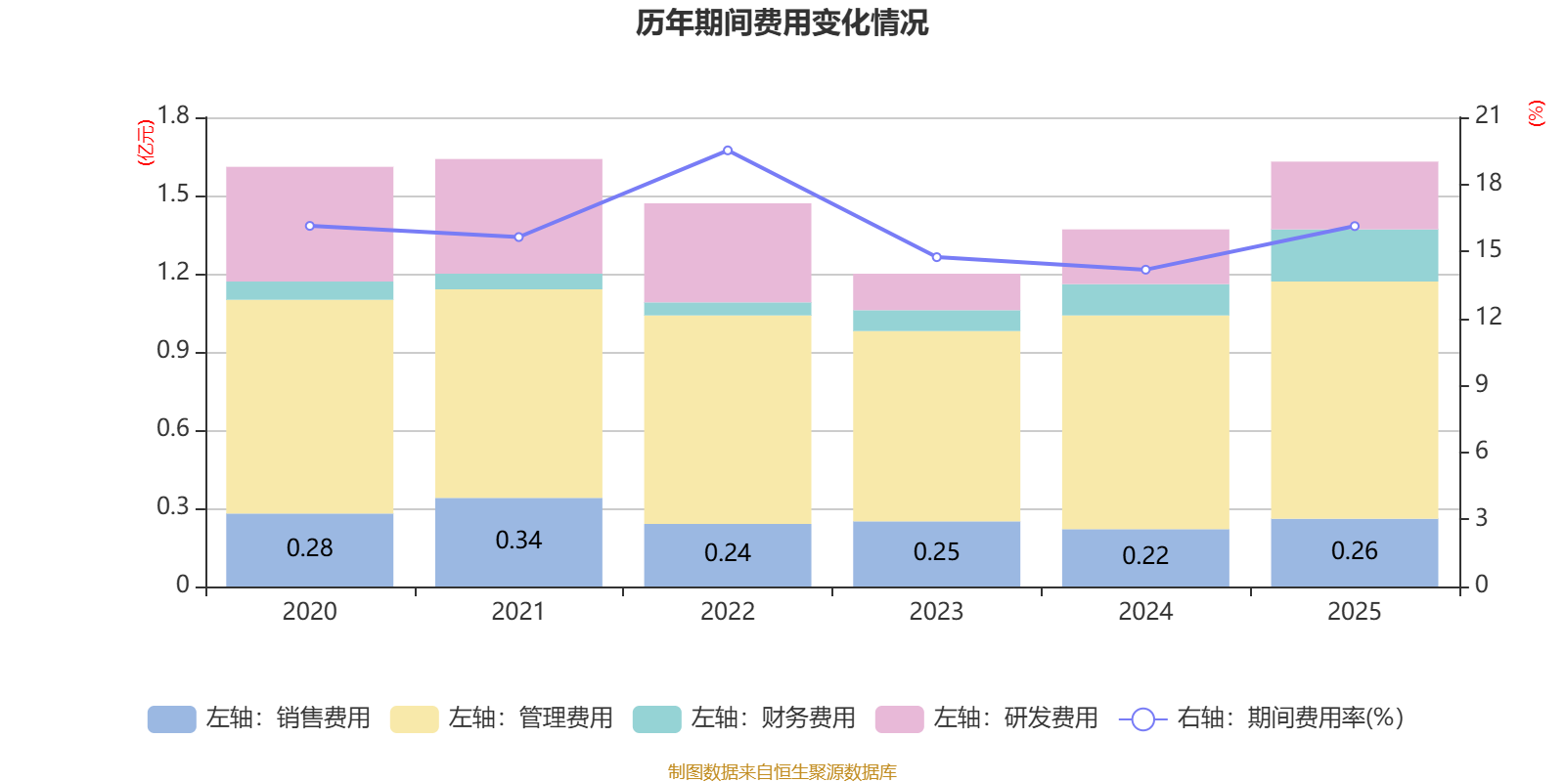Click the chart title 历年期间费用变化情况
click(782, 23)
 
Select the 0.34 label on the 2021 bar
click(518, 540)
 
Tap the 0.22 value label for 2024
click(1145, 555)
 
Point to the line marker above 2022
click(728, 151)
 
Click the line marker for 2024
click(1145, 270)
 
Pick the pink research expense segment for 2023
click(936, 292)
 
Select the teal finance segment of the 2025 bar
click(1354, 255)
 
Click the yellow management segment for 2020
click(309, 407)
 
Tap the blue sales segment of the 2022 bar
click(728, 555)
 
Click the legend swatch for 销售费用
click(172, 718)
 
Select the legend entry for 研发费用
click(987, 718)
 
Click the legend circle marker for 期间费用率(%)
click(1142, 719)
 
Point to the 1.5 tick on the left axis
click(172, 195)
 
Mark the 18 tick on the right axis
click(1488, 183)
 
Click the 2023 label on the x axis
click(936, 612)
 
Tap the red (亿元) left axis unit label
click(146, 143)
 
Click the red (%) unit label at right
click(1536, 113)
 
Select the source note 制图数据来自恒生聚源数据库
click(782, 771)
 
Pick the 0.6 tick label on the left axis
click(172, 428)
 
